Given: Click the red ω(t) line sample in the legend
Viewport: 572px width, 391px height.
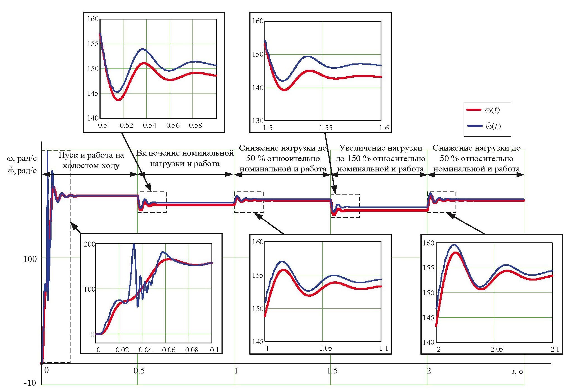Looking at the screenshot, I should point(474,110).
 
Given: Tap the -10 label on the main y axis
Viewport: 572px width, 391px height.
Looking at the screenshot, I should point(30,383).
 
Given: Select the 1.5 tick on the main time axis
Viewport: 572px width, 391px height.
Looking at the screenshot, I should point(332,371).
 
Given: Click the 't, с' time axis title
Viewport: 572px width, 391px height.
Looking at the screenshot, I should point(517,372).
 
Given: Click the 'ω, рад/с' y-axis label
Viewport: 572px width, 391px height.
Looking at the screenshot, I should point(22,159).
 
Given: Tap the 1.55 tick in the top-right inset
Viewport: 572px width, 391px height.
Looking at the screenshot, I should point(326,128).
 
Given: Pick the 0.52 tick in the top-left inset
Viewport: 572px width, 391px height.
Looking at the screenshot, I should point(126,126).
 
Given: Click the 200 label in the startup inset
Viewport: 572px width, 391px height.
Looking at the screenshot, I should point(89,244).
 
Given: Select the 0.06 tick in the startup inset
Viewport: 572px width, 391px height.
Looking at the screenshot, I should point(169,350).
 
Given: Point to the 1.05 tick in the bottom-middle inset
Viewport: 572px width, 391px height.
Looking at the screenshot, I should point(326,348).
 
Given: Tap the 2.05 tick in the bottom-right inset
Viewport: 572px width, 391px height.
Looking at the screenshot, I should point(497,349).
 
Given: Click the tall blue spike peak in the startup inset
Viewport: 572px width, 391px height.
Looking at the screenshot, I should point(134,245).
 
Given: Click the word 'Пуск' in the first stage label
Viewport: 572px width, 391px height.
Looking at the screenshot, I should point(67,155).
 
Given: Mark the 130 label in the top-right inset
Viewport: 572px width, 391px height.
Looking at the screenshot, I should point(258,121).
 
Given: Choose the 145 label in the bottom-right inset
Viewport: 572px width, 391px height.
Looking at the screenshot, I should point(428,318).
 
